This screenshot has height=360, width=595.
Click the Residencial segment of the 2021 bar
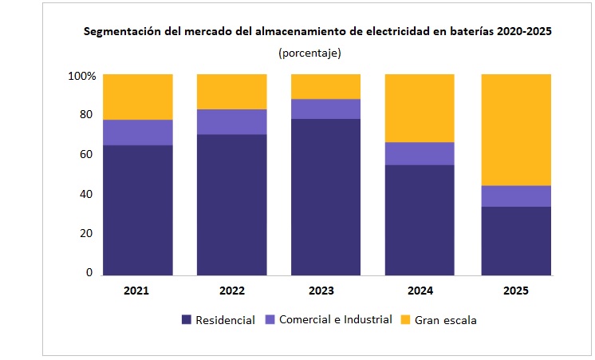137,209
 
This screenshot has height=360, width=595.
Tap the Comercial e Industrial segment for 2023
325,109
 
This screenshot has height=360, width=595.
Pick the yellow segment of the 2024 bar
420,108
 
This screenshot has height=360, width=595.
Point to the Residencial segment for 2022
231,204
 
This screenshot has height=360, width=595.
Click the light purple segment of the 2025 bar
515,196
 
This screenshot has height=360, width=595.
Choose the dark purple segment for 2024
420,220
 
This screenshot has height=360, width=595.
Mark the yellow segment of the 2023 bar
325,86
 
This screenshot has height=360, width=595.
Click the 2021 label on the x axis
136,291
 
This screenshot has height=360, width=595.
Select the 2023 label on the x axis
325,291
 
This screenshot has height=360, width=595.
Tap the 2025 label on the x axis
515,291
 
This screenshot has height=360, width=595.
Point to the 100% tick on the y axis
81,77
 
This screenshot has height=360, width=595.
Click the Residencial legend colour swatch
187,320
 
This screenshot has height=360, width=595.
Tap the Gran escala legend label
446,320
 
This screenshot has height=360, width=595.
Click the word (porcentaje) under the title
309,53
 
